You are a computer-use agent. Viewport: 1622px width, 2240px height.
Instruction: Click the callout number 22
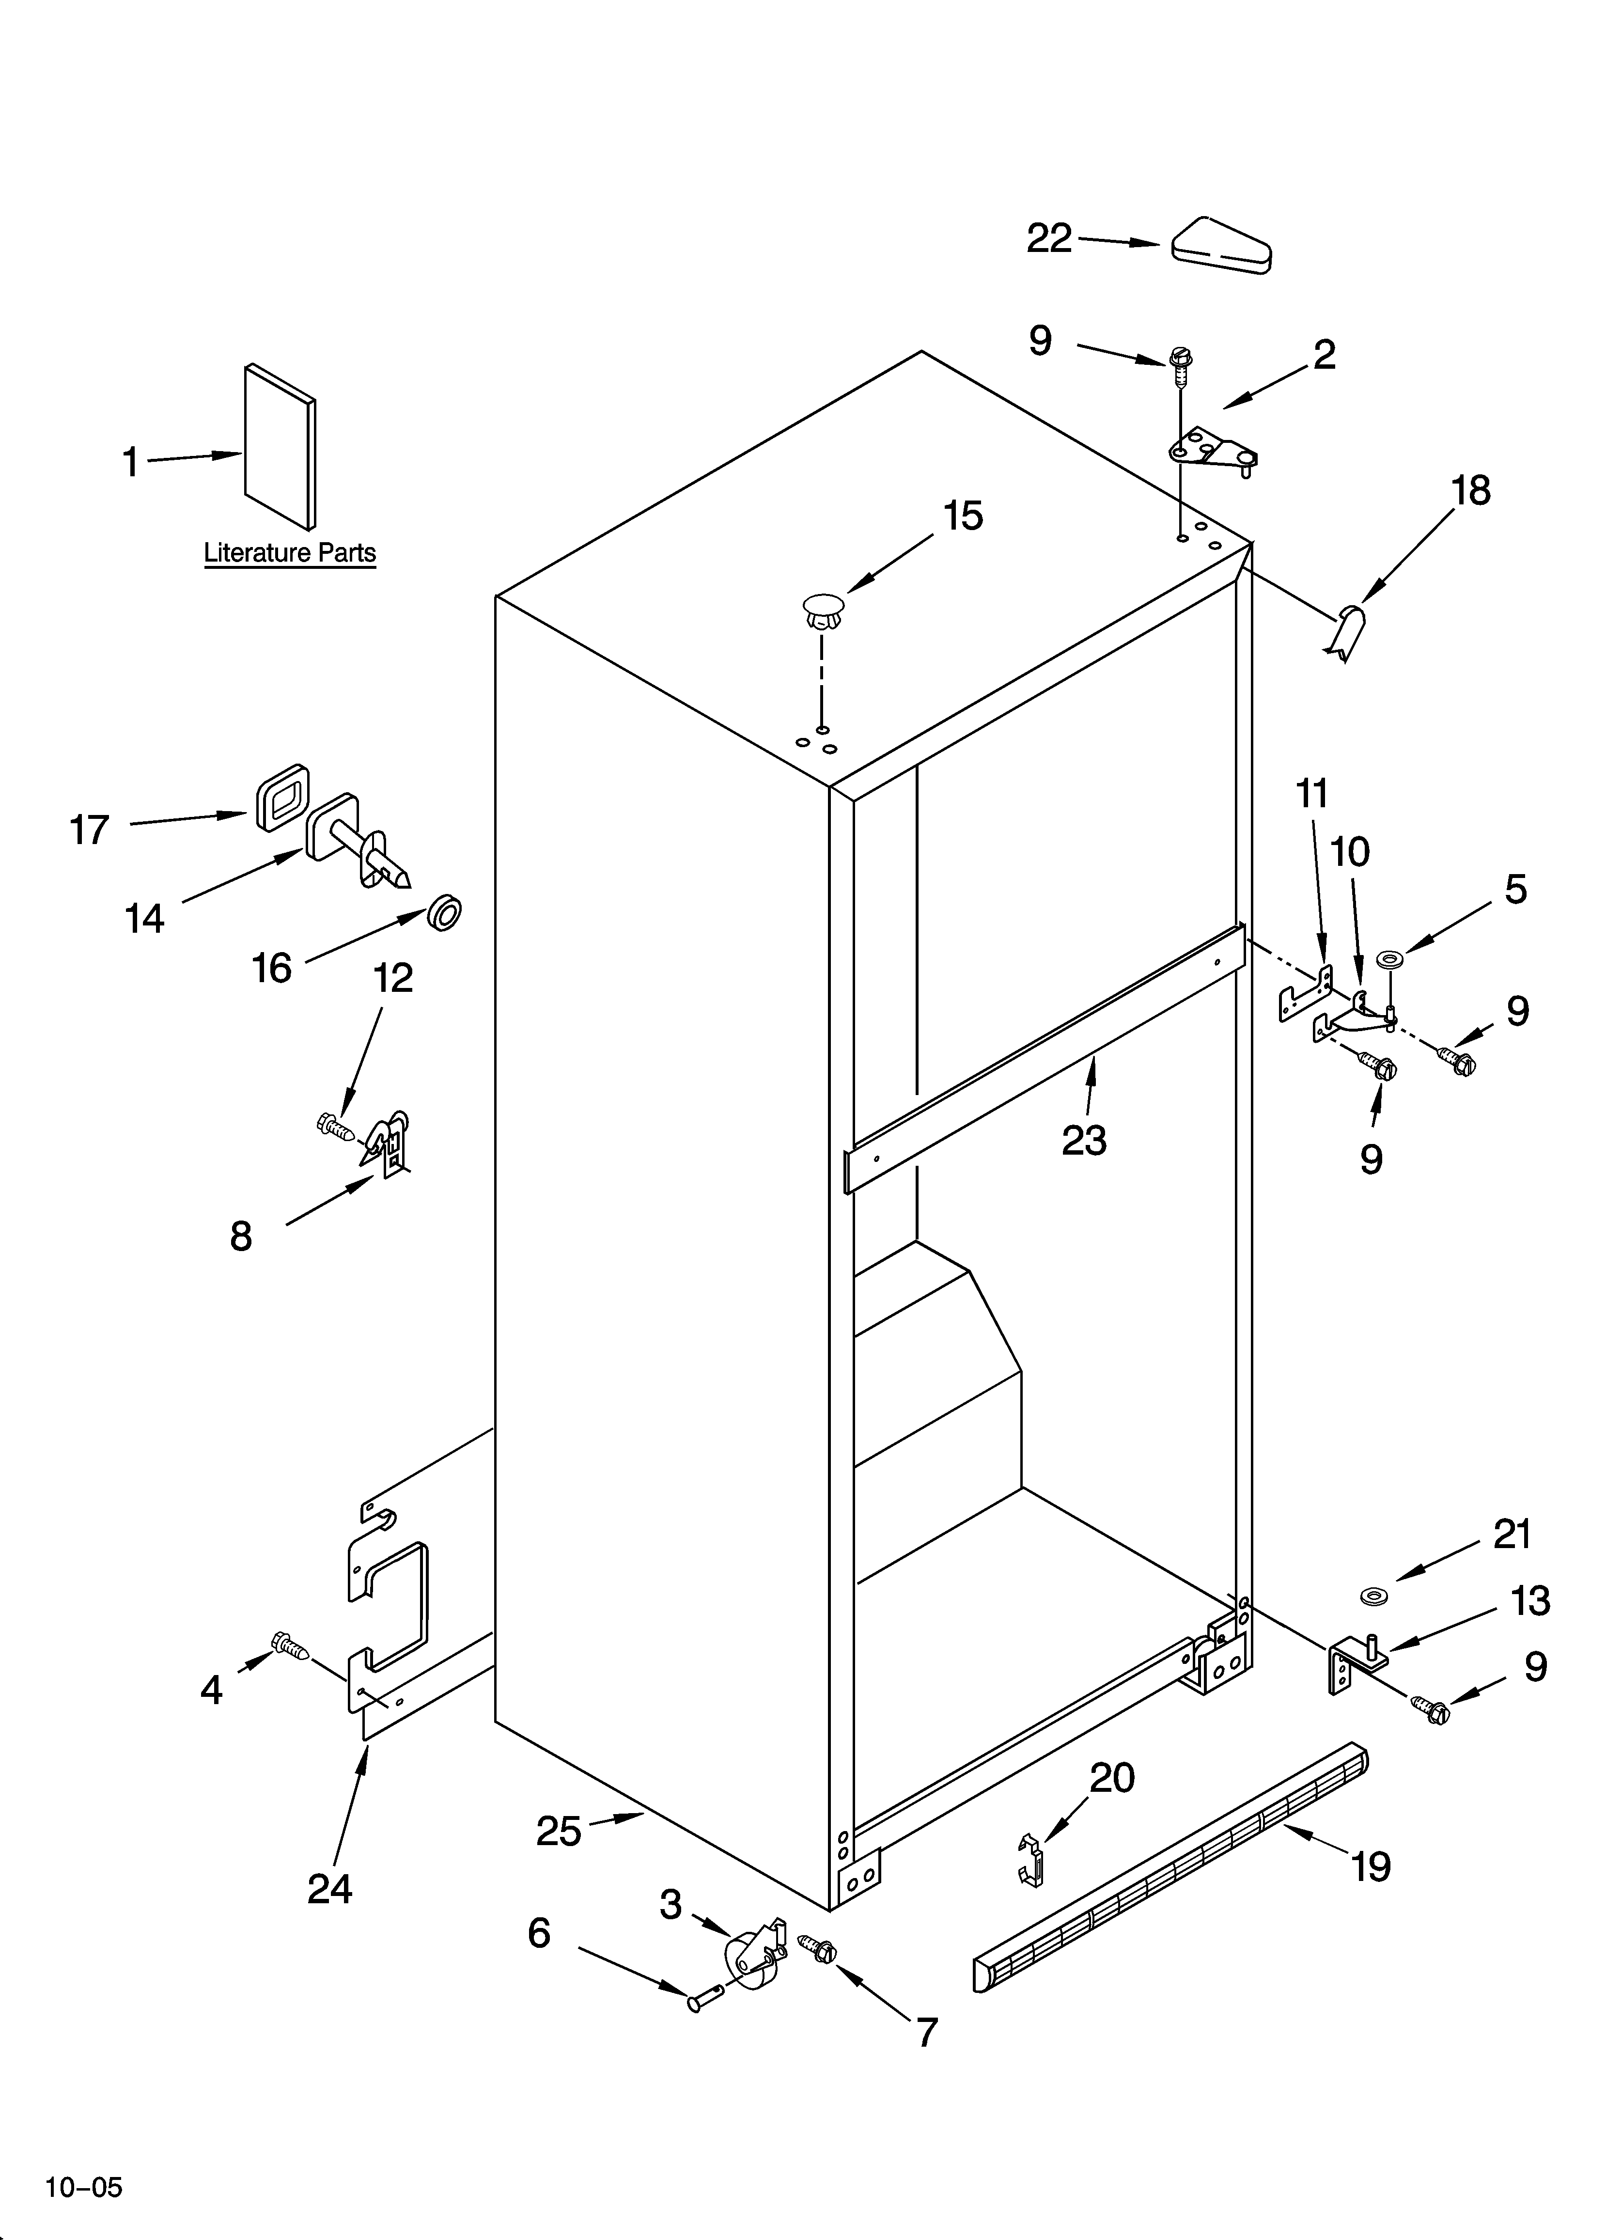point(1049,238)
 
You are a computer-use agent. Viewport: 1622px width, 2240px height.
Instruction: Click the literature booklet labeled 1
point(281,446)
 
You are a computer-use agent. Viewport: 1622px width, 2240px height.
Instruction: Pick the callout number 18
point(1471,491)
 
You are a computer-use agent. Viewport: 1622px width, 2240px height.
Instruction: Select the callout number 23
point(1084,1141)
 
